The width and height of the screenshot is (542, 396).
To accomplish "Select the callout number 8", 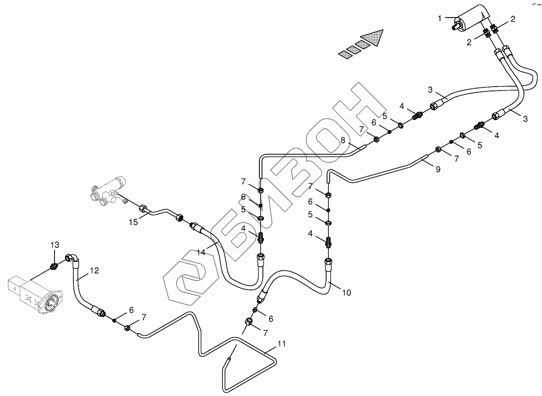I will pyautogui.click(x=343, y=141).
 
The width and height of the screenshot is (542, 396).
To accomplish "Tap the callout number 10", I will pyautogui.click(x=346, y=292).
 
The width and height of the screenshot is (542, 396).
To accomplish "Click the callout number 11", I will pyautogui.click(x=282, y=344).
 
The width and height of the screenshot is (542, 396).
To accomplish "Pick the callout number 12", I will pyautogui.click(x=95, y=271).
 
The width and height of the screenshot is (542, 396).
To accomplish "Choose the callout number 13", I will pyautogui.click(x=54, y=245).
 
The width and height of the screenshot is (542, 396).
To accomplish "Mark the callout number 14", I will pyautogui.click(x=201, y=252).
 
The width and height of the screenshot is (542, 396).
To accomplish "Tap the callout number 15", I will pyautogui.click(x=133, y=222).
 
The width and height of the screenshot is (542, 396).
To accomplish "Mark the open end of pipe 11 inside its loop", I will pyautogui.click(x=229, y=360).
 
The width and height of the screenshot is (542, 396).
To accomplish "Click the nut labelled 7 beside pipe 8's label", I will pyautogui.click(x=377, y=140).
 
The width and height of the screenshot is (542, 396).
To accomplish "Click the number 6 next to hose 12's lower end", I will pyautogui.click(x=131, y=310).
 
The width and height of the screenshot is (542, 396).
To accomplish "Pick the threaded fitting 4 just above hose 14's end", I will pyautogui.click(x=260, y=238).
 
